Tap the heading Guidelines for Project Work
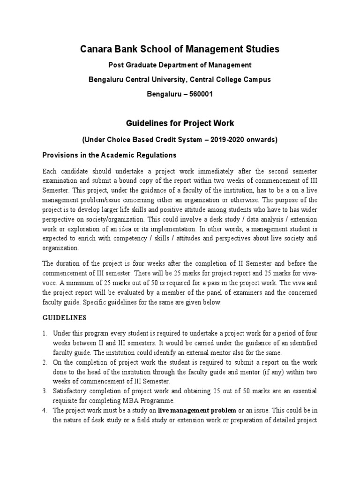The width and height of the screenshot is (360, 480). point(180,124)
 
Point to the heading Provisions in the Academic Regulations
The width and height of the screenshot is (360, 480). point(110,155)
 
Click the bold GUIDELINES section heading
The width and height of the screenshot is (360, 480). point(64,317)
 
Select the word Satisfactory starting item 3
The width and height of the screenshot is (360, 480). point(70,390)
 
